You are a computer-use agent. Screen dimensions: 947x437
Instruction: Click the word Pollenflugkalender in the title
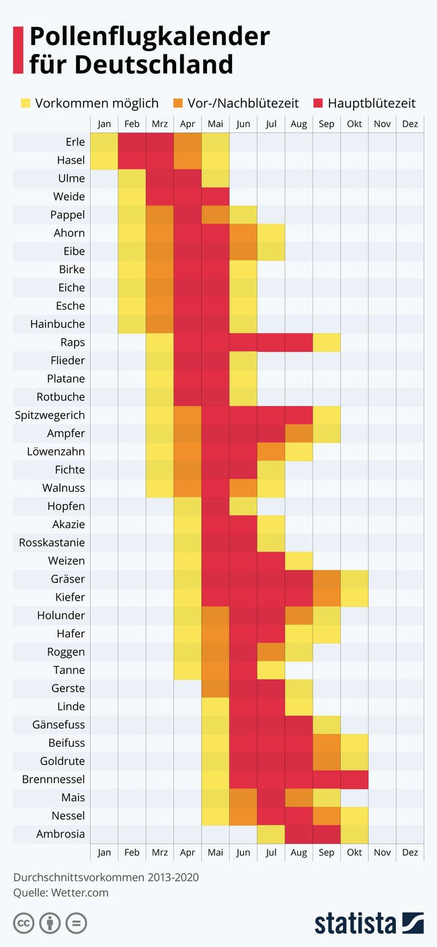coord(149,36)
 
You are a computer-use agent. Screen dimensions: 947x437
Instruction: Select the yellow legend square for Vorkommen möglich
coord(26,103)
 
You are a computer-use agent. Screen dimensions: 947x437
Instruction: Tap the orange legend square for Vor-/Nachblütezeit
coord(178,103)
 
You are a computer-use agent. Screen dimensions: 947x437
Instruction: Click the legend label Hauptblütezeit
coord(371,103)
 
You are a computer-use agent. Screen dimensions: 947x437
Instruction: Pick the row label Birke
coord(71,269)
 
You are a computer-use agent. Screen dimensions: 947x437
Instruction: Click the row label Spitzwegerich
coord(50,415)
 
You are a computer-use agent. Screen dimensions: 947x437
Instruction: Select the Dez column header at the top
coord(409,124)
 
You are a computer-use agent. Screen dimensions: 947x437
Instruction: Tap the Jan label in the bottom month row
coord(104,852)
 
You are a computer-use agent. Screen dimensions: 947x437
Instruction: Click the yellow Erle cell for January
coord(104,142)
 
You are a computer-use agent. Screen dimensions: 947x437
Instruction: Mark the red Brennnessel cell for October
coord(354,780)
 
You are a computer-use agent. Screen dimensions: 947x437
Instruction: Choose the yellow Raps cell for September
coord(327,342)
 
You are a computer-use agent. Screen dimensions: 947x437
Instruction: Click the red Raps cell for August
coord(299,342)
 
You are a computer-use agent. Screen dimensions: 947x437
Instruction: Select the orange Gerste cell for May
coord(215,688)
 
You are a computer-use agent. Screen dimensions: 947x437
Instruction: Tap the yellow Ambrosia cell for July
coord(271,834)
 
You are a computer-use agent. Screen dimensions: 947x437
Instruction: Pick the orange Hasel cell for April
coord(188,160)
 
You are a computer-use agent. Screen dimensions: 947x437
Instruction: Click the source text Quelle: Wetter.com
coord(61,893)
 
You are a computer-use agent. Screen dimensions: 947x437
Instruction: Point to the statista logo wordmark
coord(355,923)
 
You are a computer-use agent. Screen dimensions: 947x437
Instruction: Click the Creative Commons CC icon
coord(24,923)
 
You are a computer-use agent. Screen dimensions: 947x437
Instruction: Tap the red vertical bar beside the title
coord(18,50)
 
